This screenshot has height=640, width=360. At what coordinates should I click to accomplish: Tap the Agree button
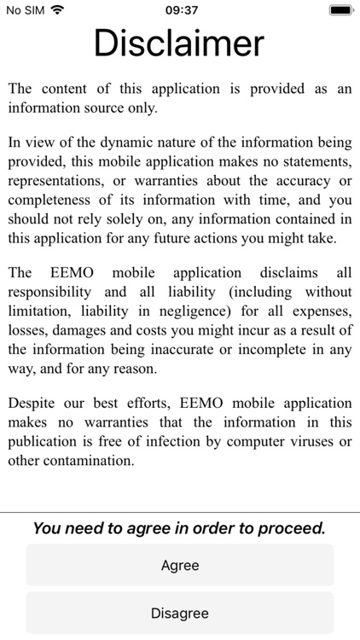point(180,566)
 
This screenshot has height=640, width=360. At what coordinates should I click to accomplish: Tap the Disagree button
point(180,613)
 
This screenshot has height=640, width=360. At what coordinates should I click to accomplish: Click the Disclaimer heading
point(179,43)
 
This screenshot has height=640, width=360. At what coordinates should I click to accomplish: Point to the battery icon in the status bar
point(340,10)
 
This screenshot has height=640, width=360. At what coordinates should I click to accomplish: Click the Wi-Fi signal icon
point(57,10)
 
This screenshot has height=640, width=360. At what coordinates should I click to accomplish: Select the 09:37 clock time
point(180,10)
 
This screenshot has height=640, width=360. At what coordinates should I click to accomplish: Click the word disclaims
point(276,272)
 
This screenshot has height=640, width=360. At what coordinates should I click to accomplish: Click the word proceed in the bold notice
point(293,528)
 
